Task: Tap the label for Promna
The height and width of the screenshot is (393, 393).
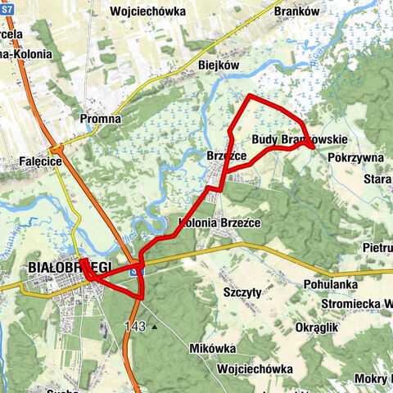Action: point(101,119)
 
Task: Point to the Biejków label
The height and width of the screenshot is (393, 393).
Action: point(218,65)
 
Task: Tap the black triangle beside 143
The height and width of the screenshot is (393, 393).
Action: point(154,327)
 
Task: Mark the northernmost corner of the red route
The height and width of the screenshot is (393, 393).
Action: point(248,97)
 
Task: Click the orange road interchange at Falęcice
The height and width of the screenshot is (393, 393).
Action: point(56,149)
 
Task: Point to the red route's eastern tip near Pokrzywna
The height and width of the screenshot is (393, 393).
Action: point(315,146)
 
